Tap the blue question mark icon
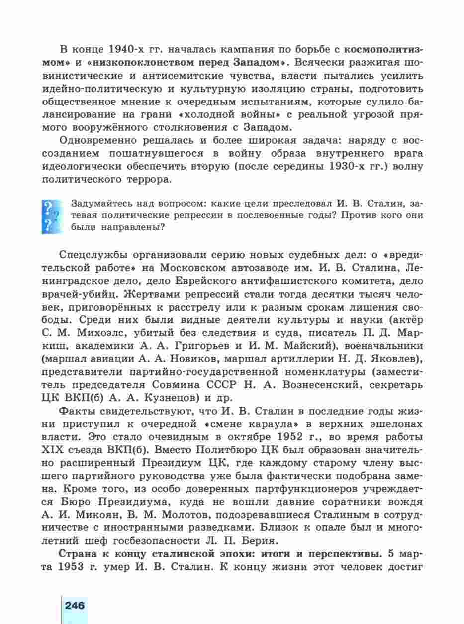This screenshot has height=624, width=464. point(51,216)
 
